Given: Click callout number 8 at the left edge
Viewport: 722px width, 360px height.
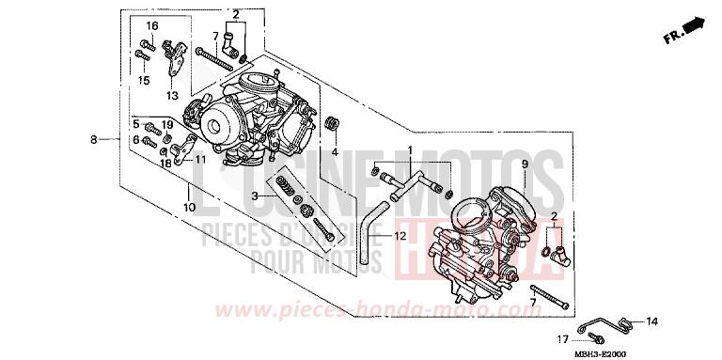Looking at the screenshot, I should (x=94, y=140).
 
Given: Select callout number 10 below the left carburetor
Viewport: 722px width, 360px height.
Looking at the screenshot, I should (x=189, y=206).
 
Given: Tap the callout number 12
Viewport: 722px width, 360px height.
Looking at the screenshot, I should (x=400, y=236).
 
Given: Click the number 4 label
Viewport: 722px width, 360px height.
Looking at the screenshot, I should (x=334, y=151).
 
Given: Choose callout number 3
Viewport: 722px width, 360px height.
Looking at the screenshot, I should (x=255, y=196).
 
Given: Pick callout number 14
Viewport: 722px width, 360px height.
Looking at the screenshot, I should (x=652, y=321).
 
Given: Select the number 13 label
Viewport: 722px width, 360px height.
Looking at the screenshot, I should (x=172, y=96).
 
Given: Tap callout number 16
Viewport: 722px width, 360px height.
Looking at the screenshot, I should (x=151, y=24).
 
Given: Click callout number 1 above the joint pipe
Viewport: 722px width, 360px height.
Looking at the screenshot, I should (x=410, y=150).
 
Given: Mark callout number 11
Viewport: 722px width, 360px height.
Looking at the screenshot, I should (x=199, y=160).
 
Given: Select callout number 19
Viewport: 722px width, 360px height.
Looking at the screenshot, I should (x=165, y=124).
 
